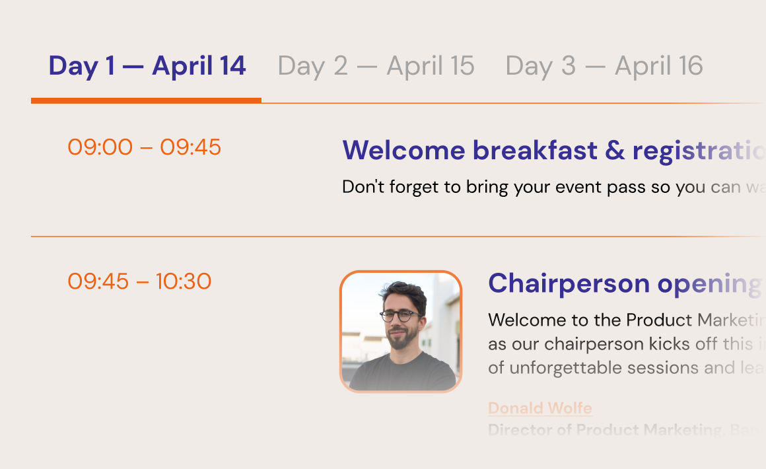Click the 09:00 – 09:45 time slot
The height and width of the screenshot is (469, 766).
click(144, 147)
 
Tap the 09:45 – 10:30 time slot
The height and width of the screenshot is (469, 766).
click(139, 282)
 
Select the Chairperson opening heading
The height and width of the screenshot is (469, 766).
click(624, 284)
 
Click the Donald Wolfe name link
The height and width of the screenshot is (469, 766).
click(540, 408)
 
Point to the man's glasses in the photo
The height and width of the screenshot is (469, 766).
click(399, 316)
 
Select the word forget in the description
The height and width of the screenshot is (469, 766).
click(416, 188)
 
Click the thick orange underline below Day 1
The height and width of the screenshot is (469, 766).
click(146, 100)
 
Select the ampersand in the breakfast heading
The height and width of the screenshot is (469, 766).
click(614, 151)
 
